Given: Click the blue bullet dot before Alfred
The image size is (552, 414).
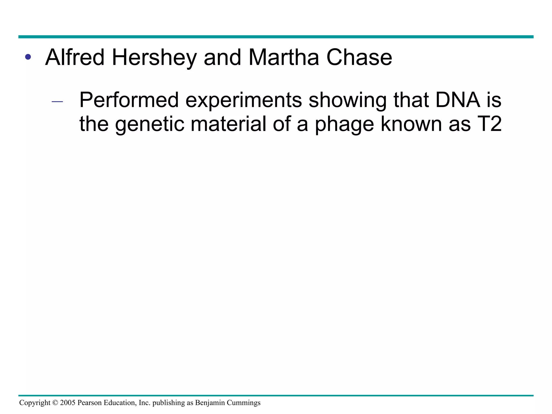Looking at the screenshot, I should [28, 57].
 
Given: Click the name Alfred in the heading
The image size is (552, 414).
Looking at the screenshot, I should [75, 57].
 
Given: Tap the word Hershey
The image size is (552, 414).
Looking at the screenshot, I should [154, 57].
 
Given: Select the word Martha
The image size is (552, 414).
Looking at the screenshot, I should [284, 57].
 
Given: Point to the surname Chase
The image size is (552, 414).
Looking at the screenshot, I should [359, 57].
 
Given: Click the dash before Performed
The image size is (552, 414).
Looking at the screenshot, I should [57, 102].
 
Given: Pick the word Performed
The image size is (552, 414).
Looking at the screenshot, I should [129, 100].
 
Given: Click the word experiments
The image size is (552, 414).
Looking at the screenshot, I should [243, 100].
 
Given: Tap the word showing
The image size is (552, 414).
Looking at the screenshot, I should [347, 100].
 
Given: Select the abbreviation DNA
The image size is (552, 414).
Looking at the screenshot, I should [458, 100].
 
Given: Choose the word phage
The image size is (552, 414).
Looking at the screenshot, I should [344, 124].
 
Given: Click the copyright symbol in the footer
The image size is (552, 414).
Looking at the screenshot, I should [55, 403].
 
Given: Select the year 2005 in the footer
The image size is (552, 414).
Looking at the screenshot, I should [68, 403].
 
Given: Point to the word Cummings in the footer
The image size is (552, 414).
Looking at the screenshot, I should [244, 403].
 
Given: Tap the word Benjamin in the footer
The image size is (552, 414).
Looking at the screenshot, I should [210, 403].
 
